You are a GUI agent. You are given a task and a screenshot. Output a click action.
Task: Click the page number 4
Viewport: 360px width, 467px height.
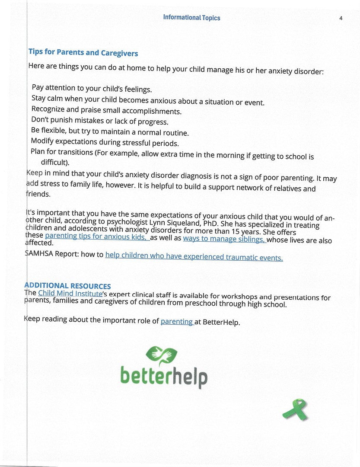click(341, 18)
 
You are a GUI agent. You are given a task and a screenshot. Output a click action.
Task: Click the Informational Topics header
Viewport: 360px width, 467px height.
click(191, 18)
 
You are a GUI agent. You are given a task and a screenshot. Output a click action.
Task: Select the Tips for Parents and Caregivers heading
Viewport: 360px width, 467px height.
click(83, 52)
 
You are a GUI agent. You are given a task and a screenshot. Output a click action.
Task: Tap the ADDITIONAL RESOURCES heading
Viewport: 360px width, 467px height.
click(68, 286)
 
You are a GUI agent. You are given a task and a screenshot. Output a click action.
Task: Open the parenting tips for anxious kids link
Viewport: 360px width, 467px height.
click(97, 237)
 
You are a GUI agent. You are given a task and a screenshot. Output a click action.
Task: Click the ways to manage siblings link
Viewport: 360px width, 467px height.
click(224, 239)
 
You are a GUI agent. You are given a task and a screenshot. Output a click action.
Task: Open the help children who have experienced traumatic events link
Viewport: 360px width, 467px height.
click(194, 256)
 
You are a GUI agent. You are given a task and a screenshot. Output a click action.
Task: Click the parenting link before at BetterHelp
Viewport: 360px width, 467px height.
click(177, 321)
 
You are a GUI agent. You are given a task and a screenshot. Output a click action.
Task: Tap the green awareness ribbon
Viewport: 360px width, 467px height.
click(295, 409)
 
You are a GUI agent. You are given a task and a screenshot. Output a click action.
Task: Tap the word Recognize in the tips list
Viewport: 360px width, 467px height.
click(48, 109)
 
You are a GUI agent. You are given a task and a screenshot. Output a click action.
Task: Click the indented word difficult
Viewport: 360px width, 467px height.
click(55, 163)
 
